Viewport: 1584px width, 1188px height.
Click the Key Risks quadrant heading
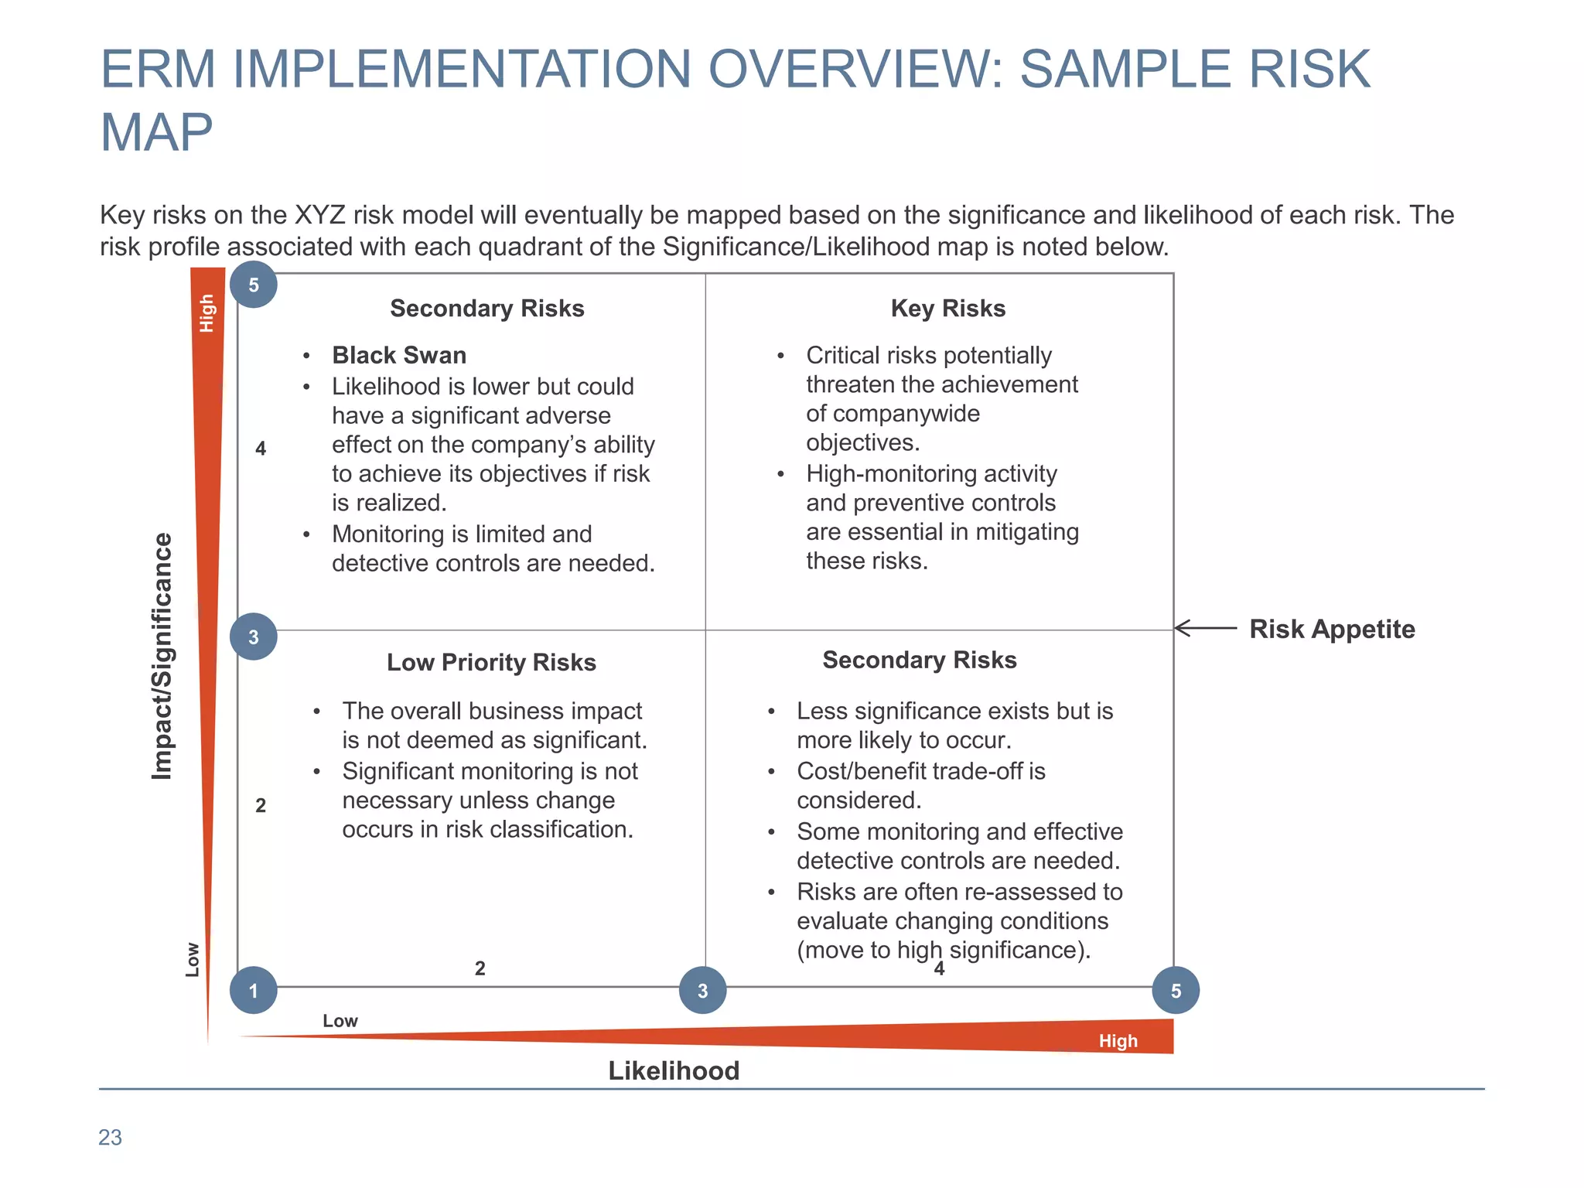click(x=947, y=309)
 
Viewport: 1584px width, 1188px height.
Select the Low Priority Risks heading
click(x=491, y=663)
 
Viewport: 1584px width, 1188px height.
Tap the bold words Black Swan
click(x=399, y=355)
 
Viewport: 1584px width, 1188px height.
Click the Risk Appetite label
click(x=1332, y=629)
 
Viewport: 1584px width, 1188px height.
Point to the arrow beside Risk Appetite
click(x=1205, y=628)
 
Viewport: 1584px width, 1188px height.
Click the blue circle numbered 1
click(x=254, y=990)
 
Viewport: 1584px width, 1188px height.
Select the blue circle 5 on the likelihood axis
click(x=1176, y=990)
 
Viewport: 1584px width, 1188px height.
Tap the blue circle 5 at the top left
click(x=254, y=285)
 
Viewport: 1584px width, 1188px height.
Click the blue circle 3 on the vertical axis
click(x=254, y=637)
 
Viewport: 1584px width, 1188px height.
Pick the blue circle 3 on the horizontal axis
click(x=702, y=990)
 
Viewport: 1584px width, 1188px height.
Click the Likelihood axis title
click(x=674, y=1070)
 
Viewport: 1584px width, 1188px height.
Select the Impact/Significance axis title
click(x=162, y=656)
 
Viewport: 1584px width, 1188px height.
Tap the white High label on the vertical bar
click(x=207, y=312)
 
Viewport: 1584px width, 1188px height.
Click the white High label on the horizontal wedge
click(x=1118, y=1041)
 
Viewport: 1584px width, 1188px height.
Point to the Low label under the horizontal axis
click(x=340, y=1021)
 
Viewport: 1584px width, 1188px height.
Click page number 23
click(x=110, y=1137)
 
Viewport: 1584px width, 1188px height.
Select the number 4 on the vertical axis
click(x=261, y=449)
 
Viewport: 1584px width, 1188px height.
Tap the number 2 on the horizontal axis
click(x=480, y=968)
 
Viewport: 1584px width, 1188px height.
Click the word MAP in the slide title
click(x=156, y=132)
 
